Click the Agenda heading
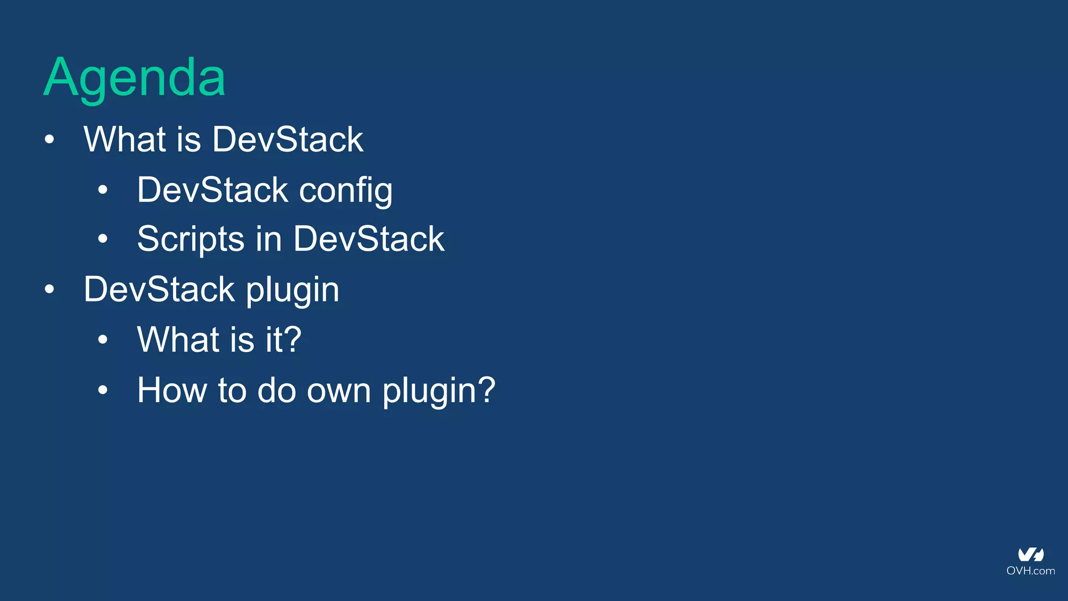pos(135,78)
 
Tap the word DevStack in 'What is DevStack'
pos(287,140)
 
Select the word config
pos(346,190)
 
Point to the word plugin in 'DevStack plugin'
pos(292,290)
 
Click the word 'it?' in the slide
pos(283,340)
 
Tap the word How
pos(172,390)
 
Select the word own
pos(338,390)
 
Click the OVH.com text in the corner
pos(1030,571)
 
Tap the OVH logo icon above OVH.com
pos(1031,555)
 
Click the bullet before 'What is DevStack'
pos(50,140)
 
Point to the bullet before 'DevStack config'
pos(103,190)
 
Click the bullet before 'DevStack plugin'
pos(50,290)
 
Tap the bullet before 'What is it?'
pos(103,340)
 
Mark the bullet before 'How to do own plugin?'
pos(103,390)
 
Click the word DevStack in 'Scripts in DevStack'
pos(369,239)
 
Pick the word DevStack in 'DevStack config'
pos(213,190)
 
